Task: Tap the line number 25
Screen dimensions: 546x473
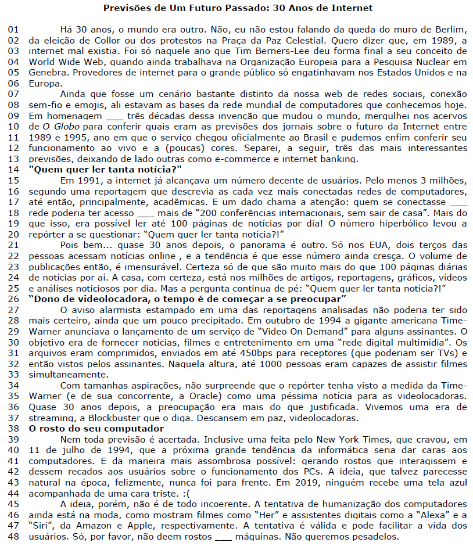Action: click(x=13, y=288)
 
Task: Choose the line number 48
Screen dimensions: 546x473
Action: click(x=13, y=536)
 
